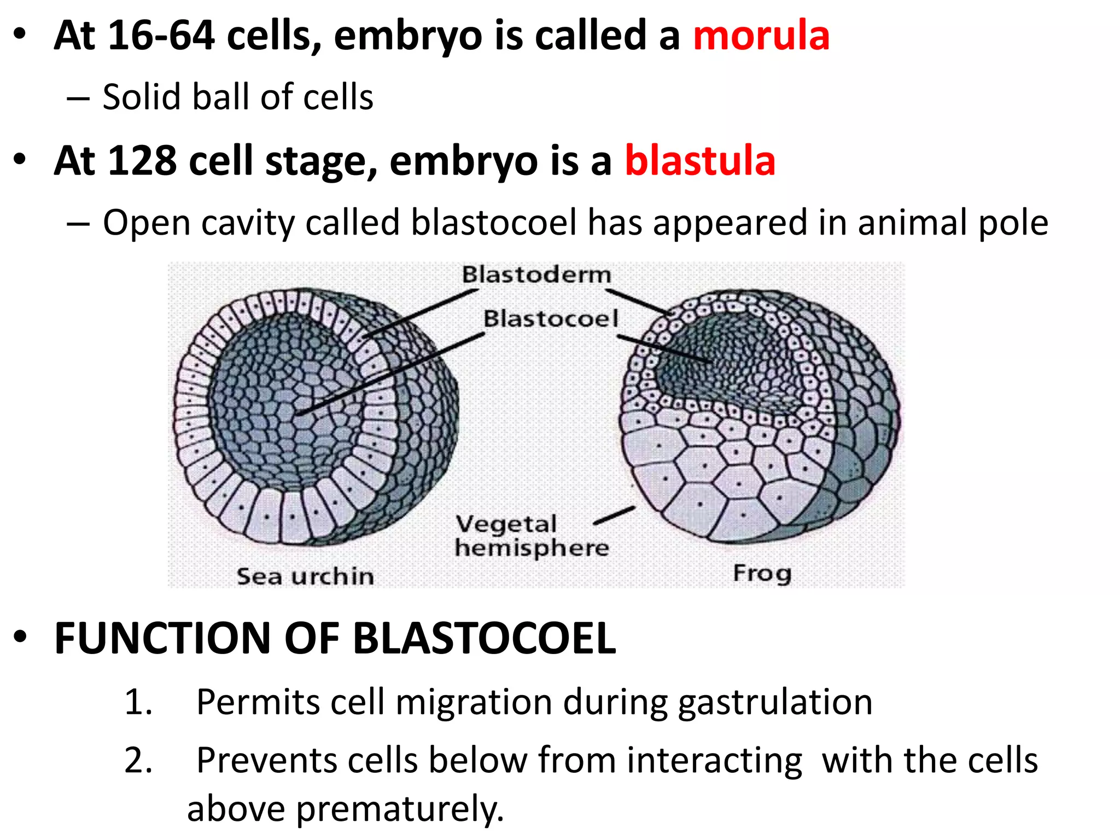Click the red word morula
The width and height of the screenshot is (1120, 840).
click(761, 36)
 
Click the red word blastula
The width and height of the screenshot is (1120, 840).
click(700, 161)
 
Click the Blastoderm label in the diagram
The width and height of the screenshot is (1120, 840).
click(536, 275)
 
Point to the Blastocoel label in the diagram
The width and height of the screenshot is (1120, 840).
click(551, 318)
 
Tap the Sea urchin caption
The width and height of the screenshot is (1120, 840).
click(305, 576)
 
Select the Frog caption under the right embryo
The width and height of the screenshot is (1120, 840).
click(762, 573)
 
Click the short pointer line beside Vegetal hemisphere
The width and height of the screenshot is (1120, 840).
click(615, 516)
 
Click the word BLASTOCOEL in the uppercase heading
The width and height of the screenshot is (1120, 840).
click(485, 638)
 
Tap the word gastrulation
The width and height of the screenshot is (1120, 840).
click(775, 702)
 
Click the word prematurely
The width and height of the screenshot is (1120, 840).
click(399, 809)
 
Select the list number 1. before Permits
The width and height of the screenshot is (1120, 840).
click(138, 702)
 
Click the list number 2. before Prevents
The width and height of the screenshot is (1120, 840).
click(138, 760)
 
